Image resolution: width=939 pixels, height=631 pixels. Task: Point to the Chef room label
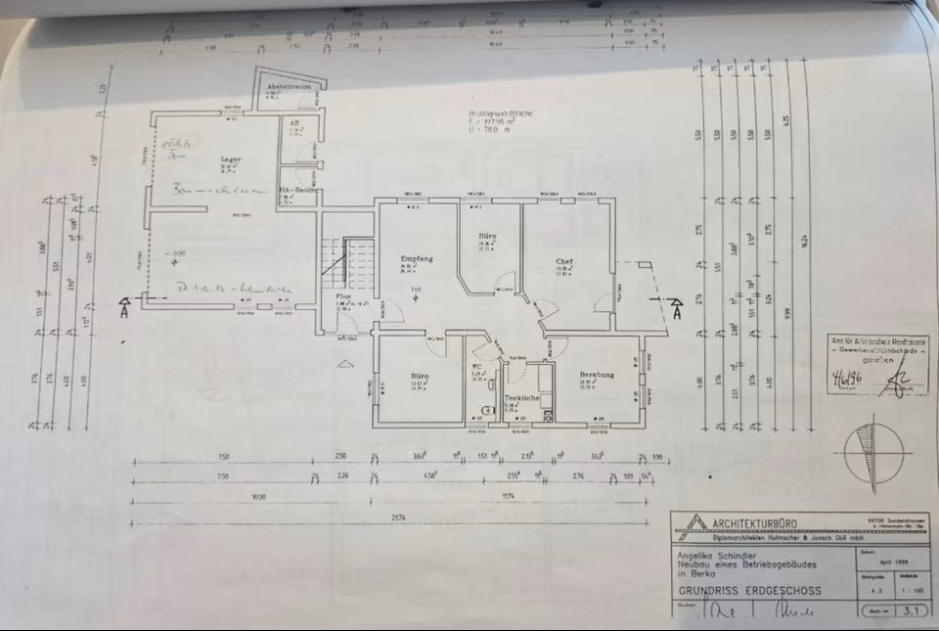pos(564,261)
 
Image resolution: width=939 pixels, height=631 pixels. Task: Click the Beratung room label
pos(597,375)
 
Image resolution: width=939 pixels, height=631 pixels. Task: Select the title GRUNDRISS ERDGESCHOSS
pos(750,591)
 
